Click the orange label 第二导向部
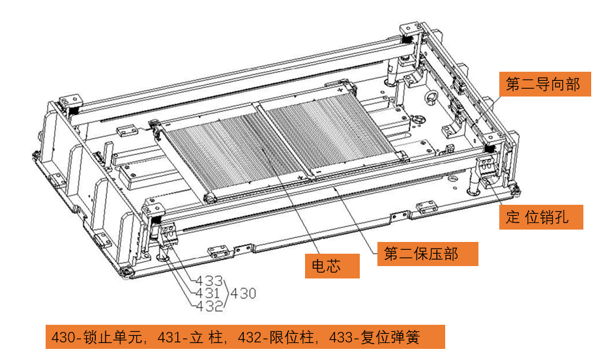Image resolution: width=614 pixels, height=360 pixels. (545, 84)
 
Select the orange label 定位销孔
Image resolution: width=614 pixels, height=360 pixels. (541, 217)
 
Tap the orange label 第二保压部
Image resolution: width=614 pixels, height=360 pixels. (427, 254)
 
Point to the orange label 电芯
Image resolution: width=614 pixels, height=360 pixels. (332, 266)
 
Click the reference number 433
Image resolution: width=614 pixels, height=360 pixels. (209, 280)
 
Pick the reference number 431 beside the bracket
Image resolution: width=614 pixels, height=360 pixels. (207, 293)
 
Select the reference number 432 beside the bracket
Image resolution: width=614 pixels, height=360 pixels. (209, 306)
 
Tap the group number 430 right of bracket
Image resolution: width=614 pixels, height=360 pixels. (243, 293)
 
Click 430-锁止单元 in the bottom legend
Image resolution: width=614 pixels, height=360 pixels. (97, 337)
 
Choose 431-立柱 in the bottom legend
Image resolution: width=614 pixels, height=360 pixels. (190, 337)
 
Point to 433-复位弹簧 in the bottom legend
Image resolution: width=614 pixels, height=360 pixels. (374, 337)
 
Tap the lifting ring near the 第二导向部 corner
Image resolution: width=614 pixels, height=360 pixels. (431, 97)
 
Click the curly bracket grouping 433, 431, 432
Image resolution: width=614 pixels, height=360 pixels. (226, 293)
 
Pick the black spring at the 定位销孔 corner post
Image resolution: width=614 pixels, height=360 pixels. (489, 149)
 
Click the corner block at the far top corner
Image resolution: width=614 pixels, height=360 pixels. (410, 29)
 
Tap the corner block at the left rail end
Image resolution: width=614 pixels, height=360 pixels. (70, 100)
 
